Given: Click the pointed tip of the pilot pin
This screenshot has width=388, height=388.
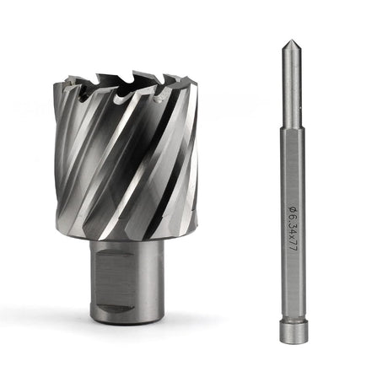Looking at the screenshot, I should point(289,41).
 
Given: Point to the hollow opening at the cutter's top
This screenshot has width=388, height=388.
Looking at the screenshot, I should point(127,84).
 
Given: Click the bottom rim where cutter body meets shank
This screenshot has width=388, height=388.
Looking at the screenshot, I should point(135,241).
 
